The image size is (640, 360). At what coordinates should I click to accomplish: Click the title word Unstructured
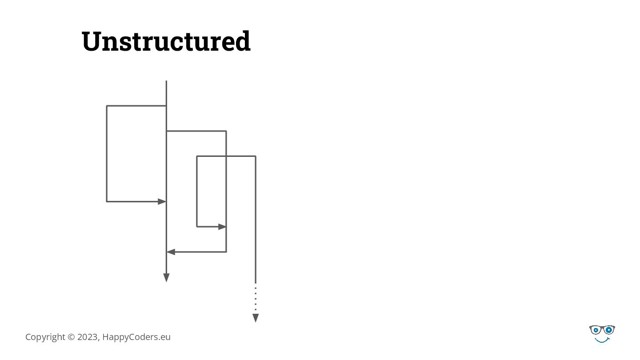(x=166, y=41)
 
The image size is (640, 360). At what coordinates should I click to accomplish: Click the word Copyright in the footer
(x=45, y=337)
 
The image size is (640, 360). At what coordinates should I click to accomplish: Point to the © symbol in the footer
(x=71, y=337)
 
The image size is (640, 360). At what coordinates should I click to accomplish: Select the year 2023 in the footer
(x=88, y=337)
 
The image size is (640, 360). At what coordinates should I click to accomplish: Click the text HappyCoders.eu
(x=136, y=337)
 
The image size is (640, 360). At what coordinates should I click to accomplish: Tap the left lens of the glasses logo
(x=596, y=330)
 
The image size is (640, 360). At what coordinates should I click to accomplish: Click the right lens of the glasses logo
(x=608, y=330)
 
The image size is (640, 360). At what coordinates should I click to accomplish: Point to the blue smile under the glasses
(x=602, y=340)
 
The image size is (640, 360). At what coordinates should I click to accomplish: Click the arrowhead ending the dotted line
(x=256, y=318)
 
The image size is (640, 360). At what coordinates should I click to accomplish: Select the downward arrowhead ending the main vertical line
(x=166, y=278)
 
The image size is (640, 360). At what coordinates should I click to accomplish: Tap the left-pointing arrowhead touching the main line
(x=171, y=252)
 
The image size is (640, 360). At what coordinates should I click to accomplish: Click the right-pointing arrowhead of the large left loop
(x=162, y=201)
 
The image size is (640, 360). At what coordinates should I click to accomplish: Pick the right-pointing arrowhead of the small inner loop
(x=222, y=227)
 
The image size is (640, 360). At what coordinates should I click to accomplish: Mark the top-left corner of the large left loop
(x=107, y=106)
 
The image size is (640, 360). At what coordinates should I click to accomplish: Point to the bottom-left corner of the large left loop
(x=107, y=201)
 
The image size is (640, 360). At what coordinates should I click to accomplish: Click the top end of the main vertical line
(x=166, y=81)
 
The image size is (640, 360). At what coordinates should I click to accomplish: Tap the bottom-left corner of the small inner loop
(x=197, y=227)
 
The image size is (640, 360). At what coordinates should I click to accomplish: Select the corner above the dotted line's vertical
(x=256, y=156)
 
